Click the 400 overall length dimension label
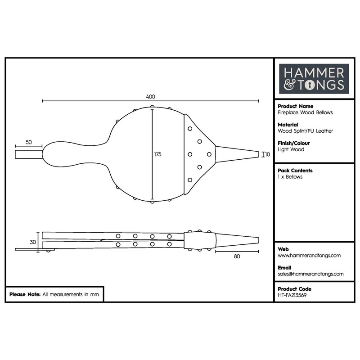point(150,97)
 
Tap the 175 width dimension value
point(158,154)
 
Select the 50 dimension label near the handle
point(29,142)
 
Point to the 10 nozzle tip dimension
point(267,154)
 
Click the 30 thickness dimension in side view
point(33,242)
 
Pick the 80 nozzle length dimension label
point(237,256)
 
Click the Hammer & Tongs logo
point(314,79)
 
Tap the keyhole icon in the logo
point(310,85)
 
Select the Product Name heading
point(296,106)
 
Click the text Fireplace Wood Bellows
point(305,112)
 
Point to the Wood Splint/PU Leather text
point(306,131)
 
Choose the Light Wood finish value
point(291,149)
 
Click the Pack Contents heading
point(295,171)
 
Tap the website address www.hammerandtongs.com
point(309,256)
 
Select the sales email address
point(310,274)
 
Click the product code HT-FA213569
point(292,295)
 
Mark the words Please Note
point(25,294)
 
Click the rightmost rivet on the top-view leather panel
point(209,154)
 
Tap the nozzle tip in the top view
point(258,154)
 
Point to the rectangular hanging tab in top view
point(29,154)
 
